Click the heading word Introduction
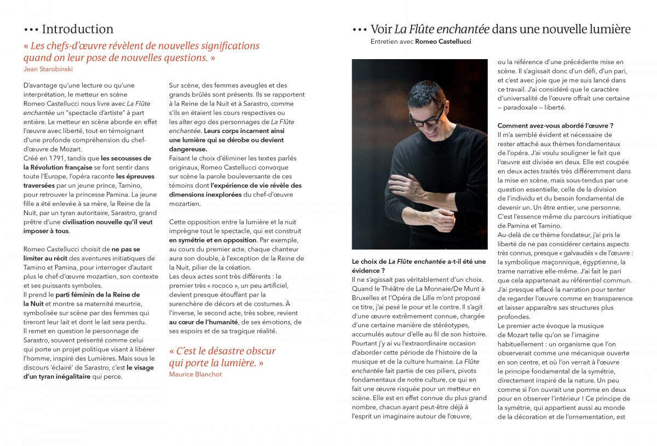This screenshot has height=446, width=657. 77,29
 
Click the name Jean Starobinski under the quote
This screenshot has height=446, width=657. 49,68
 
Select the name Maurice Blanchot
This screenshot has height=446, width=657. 195,374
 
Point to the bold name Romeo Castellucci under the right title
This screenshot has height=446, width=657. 443,41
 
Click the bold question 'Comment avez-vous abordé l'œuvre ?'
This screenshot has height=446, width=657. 555,125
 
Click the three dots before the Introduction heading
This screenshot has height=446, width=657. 31,30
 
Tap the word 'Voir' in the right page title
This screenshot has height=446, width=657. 381,29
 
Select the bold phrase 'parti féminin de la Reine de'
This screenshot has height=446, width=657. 98,294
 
